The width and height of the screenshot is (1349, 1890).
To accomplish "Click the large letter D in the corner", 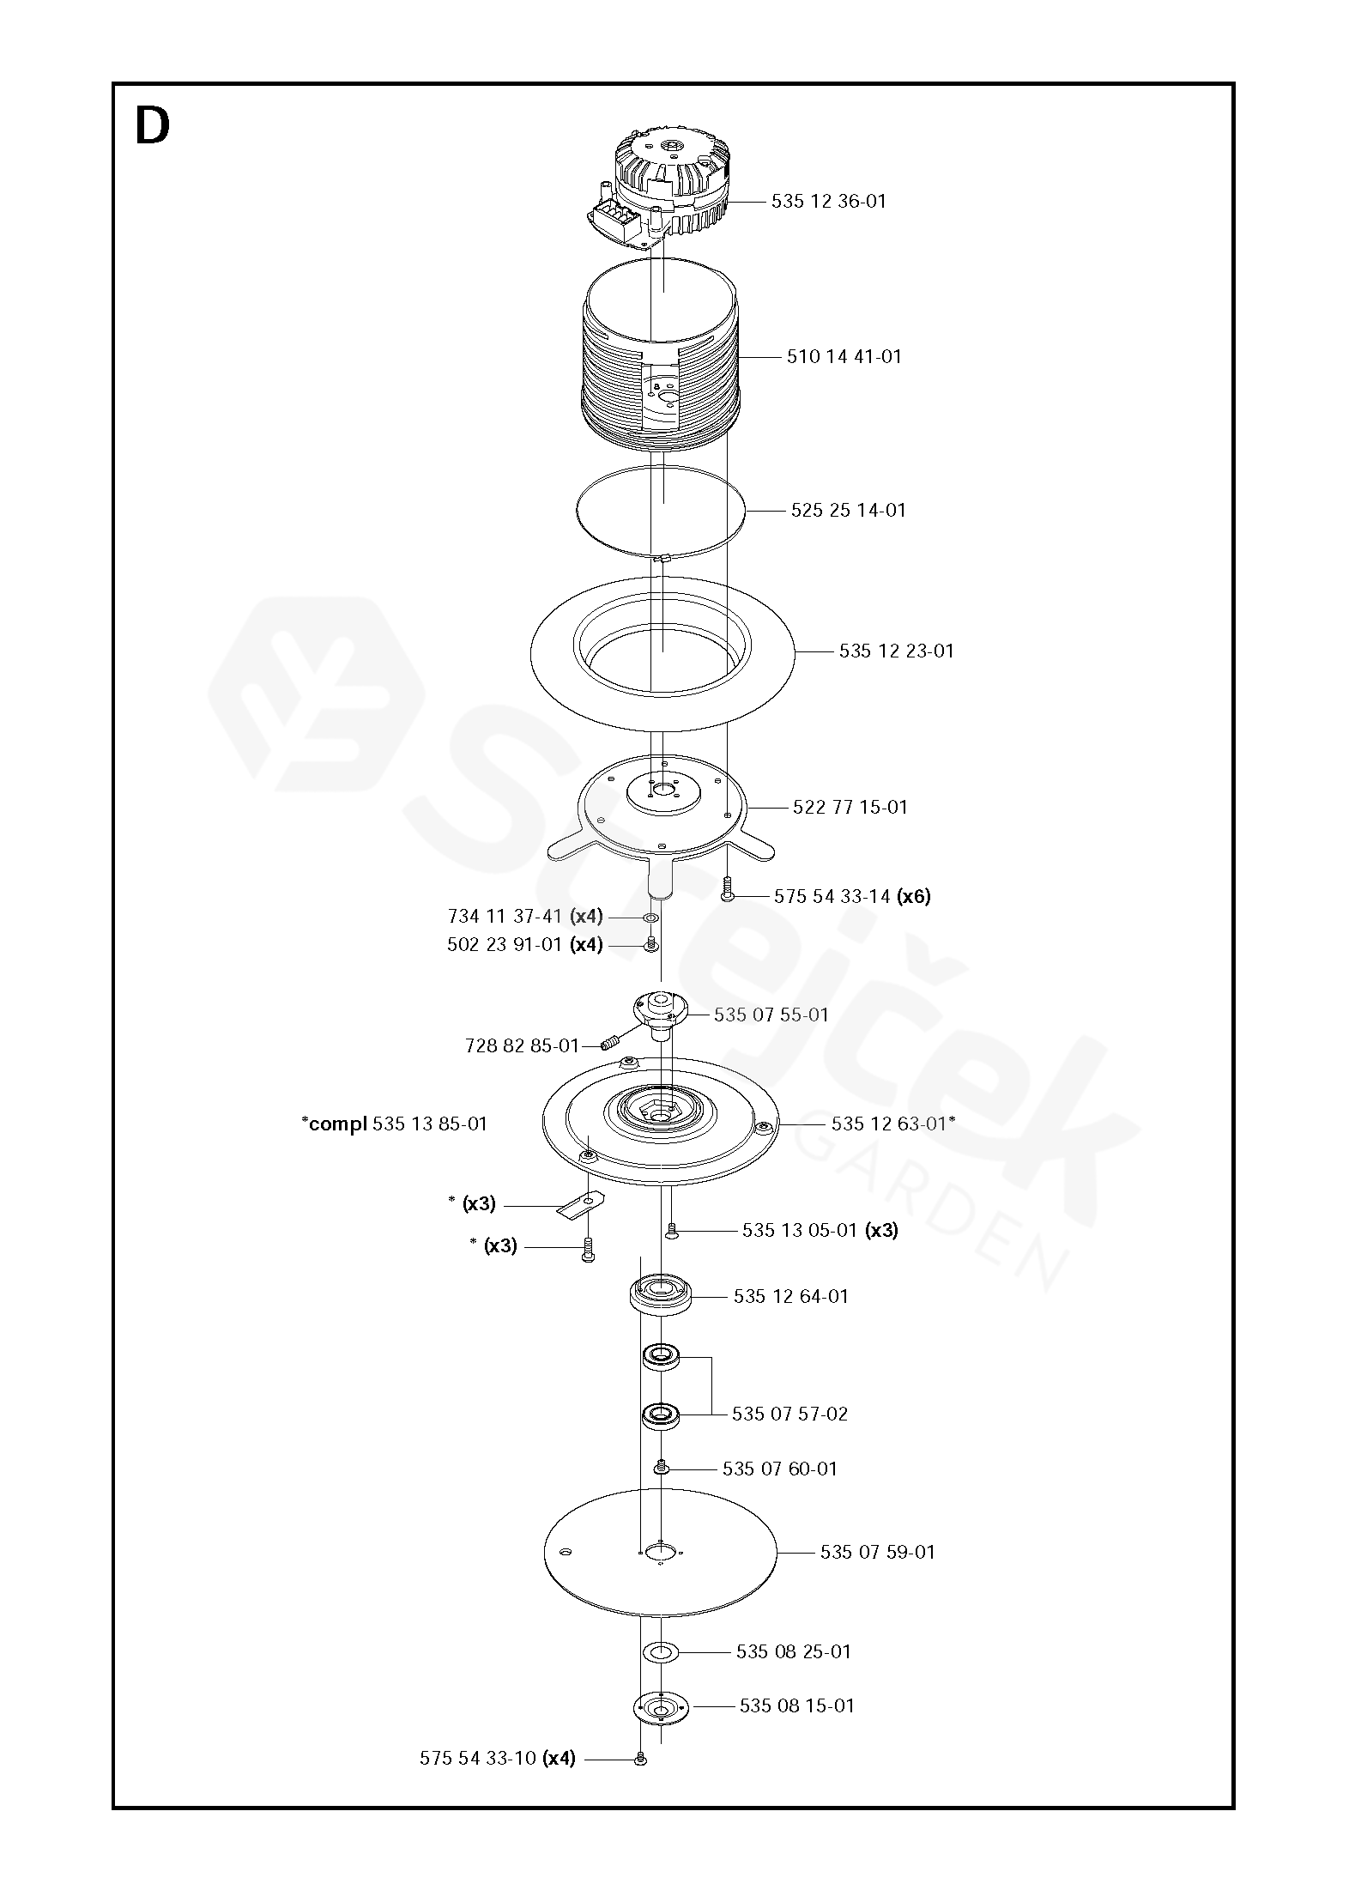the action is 153,127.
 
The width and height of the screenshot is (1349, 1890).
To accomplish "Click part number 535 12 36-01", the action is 828,202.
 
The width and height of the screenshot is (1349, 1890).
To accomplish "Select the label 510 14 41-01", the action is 844,357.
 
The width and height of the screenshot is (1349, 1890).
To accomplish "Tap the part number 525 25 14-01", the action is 848,511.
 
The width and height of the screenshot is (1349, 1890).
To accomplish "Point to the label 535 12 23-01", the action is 896,651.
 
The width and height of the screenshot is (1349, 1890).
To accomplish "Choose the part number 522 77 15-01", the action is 850,808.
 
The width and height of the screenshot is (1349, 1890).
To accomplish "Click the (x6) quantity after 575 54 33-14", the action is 913,897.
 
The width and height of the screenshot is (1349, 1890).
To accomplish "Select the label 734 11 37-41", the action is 504,917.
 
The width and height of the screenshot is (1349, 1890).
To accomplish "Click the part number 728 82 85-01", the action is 522,1046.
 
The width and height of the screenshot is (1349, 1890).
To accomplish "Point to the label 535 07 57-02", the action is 789,1414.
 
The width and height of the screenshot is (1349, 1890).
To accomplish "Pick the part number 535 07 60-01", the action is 779,1469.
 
